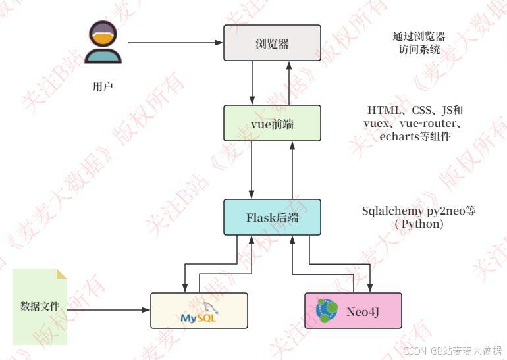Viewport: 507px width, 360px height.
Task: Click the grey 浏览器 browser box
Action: [x=272, y=43]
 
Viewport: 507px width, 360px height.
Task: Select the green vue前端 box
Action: [x=272, y=123]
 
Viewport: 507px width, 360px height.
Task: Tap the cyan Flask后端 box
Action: [x=272, y=217]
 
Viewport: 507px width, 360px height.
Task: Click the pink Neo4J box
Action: [x=353, y=311]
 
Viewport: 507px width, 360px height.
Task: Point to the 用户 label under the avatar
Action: [x=103, y=86]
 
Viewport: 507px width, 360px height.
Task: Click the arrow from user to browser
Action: [x=174, y=43]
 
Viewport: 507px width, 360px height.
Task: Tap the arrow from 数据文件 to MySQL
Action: [x=109, y=309]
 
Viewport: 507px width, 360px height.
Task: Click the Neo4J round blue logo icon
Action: [x=327, y=311]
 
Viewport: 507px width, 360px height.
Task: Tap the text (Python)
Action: [x=419, y=224]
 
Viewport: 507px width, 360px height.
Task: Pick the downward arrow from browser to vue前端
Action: [x=253, y=83]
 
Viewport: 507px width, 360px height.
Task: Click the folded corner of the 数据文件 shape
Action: [x=61, y=273]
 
